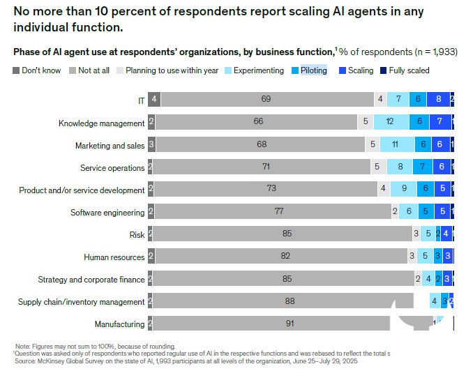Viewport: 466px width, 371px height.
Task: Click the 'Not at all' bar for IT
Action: coord(266,100)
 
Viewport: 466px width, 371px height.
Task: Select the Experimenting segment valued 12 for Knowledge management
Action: coord(390,122)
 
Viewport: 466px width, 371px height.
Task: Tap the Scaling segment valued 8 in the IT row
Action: coord(438,100)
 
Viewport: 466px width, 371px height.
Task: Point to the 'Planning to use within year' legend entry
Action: coord(167,70)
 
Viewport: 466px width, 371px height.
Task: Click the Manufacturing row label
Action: coord(119,324)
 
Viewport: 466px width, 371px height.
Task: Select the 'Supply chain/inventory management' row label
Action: coord(82,302)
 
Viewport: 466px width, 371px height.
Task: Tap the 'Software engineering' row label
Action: coord(107,213)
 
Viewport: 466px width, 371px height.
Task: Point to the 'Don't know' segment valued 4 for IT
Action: coord(153,100)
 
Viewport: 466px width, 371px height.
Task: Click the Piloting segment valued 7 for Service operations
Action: coord(423,167)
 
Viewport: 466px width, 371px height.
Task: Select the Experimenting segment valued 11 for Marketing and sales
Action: coord(394,145)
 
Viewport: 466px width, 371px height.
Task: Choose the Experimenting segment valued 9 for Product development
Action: coord(403,189)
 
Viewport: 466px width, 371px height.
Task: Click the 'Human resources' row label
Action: coord(114,257)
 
